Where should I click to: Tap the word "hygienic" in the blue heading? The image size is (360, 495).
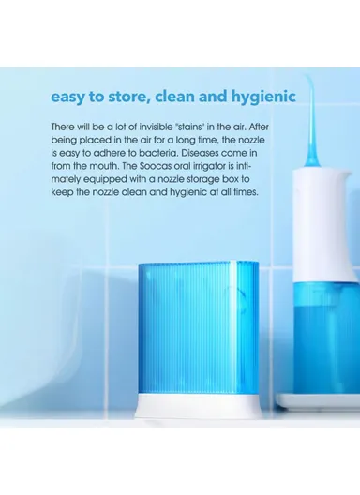coord(265,97)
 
